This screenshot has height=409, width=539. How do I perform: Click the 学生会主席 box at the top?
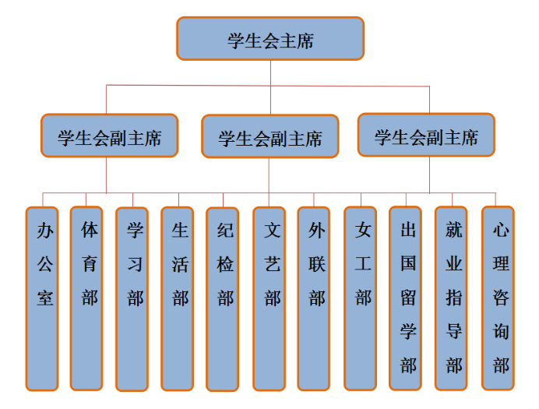(270, 39)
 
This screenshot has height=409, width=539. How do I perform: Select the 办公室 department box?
(42, 298)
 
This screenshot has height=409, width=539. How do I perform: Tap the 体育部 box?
(86, 298)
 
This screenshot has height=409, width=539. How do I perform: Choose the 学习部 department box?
(132, 298)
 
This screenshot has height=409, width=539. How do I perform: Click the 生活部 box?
(178, 298)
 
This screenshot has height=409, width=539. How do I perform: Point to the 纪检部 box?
(223, 298)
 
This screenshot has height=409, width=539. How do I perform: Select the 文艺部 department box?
(269, 298)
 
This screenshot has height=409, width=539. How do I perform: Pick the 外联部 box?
(314, 298)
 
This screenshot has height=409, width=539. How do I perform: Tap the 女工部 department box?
(360, 298)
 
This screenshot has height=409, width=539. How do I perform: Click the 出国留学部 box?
(406, 298)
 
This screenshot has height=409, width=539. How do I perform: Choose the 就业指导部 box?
(451, 298)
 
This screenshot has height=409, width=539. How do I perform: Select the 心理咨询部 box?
(498, 298)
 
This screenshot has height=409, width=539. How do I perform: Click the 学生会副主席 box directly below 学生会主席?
(270, 137)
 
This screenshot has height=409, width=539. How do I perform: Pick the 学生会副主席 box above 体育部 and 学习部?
(110, 136)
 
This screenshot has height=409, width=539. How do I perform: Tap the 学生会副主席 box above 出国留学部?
(426, 135)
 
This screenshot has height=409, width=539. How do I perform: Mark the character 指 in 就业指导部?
(454, 298)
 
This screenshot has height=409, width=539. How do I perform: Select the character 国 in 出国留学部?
(409, 263)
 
